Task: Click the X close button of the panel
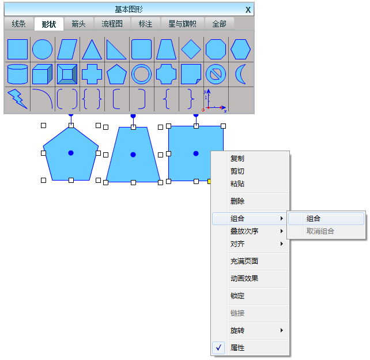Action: pyautogui.click(x=248, y=10)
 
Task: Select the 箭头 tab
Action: pyautogui.click(x=78, y=24)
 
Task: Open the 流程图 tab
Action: pyautogui.click(x=112, y=24)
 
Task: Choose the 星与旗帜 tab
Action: pyautogui.click(x=182, y=24)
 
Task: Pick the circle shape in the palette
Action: pyautogui.click(x=42, y=50)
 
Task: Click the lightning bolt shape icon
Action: pyautogui.click(x=18, y=99)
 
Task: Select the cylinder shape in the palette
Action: pyautogui.click(x=18, y=74)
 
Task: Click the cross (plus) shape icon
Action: pyautogui.click(x=92, y=74)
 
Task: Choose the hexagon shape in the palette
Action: pyautogui.click(x=240, y=50)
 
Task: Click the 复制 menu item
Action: pyautogui.click(x=237, y=159)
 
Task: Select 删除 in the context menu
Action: pyautogui.click(x=237, y=201)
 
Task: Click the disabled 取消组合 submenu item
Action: pyautogui.click(x=320, y=231)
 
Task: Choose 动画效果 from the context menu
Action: pyautogui.click(x=244, y=279)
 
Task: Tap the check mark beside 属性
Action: pyautogui.click(x=218, y=347)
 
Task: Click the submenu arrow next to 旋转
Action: pyautogui.click(x=281, y=330)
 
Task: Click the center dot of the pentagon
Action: pyautogui.click(x=71, y=153)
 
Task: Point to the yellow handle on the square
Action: pyautogui.click(x=209, y=181)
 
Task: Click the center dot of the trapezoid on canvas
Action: pyautogui.click(x=133, y=155)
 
